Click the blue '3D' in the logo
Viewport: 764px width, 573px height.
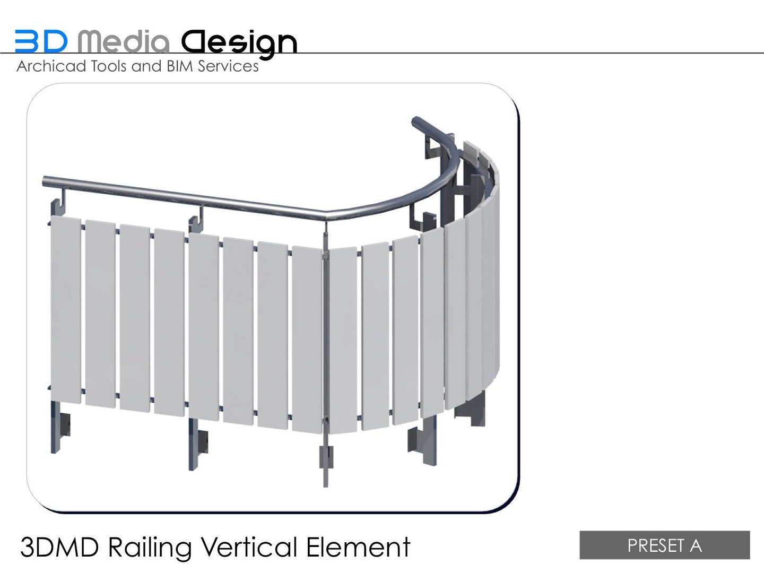[x=41, y=41]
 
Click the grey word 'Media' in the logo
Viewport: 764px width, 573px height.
[x=123, y=41]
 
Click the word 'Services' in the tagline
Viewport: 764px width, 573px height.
[x=228, y=66]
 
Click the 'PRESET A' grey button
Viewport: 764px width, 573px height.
[x=664, y=545]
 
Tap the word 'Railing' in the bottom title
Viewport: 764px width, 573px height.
[x=150, y=547]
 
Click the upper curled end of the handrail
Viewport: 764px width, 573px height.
[x=417, y=122]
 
